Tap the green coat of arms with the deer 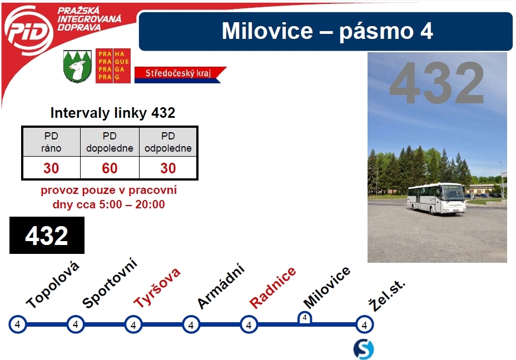(77, 66)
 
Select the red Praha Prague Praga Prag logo (113, 66)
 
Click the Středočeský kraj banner (180, 74)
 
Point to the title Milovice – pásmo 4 (327, 31)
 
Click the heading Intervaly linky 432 (112, 113)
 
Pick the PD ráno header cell (51, 142)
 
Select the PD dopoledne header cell (110, 142)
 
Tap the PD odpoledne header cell (168, 142)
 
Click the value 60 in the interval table (110, 168)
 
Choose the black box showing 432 (47, 236)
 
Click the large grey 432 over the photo (437, 83)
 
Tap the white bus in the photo (436, 198)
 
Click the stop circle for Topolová (17, 324)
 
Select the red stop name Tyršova (157, 287)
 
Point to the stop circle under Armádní (191, 324)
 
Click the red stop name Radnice (273, 287)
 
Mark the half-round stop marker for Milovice (305, 318)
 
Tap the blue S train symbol (364, 349)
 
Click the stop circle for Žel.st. (364, 324)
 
